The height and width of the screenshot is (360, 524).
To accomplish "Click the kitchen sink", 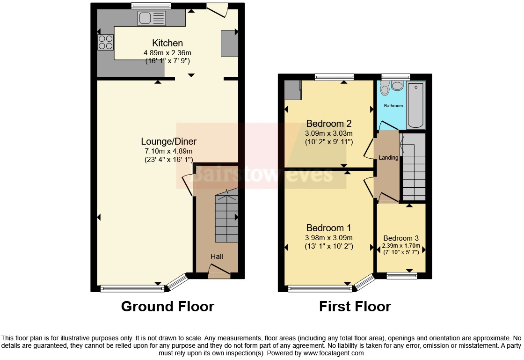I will coord(152,19).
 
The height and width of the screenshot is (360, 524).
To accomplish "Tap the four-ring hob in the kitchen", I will coord(106,42).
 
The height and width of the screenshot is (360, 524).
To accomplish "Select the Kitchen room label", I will coord(167,44).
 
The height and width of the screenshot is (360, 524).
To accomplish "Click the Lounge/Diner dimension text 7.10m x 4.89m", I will coord(168,151).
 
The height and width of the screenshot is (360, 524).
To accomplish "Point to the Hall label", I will coord(217,256).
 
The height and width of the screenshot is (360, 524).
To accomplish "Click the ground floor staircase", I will coord(226,218).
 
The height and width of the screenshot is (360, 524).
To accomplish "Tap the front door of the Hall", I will coord(218,272).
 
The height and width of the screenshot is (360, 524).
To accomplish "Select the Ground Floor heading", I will coord(167,307).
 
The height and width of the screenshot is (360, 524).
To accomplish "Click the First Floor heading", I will coord(355,307).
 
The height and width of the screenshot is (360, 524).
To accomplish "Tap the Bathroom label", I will coord(393,106).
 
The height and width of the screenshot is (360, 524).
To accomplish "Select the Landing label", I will coord(388,158).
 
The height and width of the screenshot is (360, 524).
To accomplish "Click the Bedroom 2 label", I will coord(328,124).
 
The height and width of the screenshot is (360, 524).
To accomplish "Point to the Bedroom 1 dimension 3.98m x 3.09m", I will coord(328,238).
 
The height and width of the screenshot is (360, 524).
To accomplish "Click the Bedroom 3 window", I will coord(401,276).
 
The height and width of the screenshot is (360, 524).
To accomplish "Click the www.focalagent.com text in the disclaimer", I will coord(330,353).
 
